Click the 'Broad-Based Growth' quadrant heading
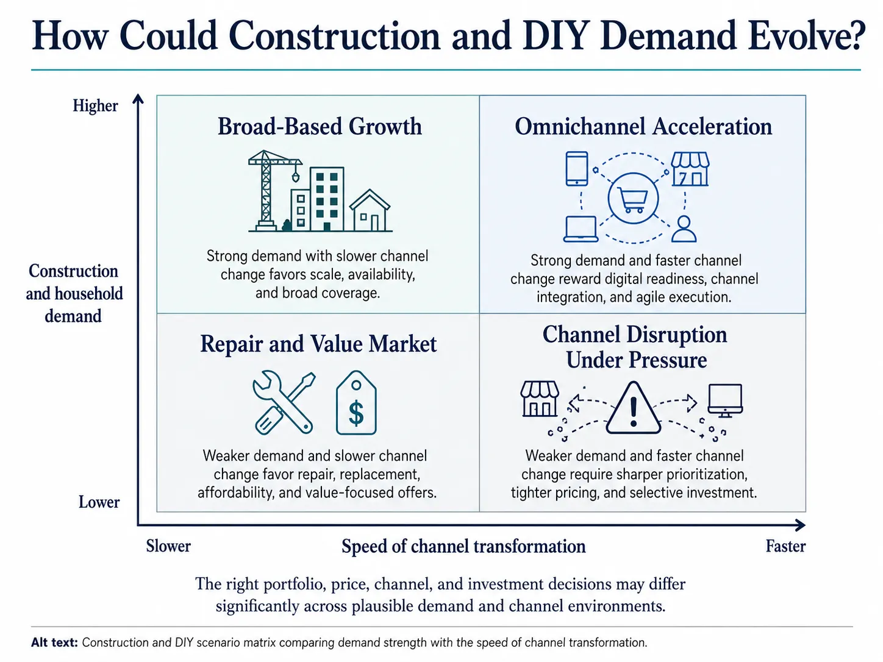click(320, 126)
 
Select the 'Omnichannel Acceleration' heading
click(643, 126)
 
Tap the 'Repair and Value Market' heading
click(318, 344)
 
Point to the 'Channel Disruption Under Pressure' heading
click(635, 347)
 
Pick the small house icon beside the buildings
click(370, 210)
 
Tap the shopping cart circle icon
click(633, 199)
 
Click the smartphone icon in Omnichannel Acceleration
click(577, 169)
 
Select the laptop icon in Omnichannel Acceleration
click(581, 229)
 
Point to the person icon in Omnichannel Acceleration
click(684, 229)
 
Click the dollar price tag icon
click(356, 403)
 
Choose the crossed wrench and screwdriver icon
click(284, 402)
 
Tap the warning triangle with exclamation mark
click(633, 408)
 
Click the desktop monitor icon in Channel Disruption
click(725, 400)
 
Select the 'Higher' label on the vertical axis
click(95, 105)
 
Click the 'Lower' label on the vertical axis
click(99, 502)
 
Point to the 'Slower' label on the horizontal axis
click(168, 546)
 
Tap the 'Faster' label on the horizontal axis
click(785, 546)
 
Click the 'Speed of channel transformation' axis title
click(463, 547)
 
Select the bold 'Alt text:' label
click(54, 642)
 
